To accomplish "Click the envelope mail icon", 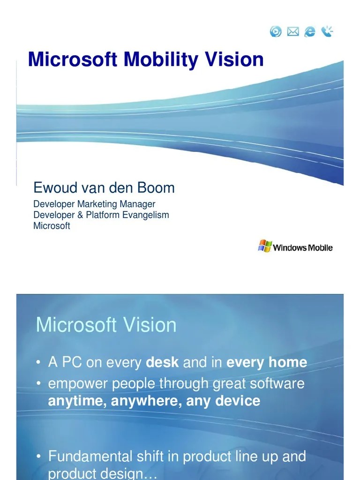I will point(293,31).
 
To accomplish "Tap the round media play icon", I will point(276,31).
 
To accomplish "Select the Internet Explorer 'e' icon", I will point(310,31).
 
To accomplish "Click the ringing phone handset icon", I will point(327,31).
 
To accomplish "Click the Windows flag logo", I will point(265,246).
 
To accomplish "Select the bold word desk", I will point(162,362).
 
